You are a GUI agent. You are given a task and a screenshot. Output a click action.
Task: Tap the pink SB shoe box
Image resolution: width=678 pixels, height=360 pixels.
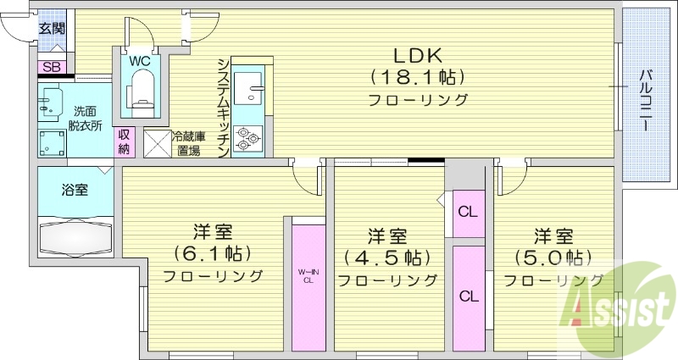tap(51, 67)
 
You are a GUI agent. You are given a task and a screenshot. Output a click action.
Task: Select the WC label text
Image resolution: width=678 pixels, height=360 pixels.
tap(140, 60)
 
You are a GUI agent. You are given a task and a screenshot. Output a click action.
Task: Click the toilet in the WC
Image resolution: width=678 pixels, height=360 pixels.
tap(141, 89)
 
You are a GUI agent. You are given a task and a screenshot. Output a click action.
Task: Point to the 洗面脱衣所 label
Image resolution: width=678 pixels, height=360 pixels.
tap(86, 118)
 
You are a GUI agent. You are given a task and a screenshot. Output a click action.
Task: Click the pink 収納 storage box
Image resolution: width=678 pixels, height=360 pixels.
tap(125, 141)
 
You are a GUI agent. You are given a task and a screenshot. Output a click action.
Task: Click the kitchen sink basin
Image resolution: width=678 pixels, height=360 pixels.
tap(249, 88)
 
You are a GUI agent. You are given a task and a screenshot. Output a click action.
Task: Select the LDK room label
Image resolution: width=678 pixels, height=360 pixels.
tap(417, 56)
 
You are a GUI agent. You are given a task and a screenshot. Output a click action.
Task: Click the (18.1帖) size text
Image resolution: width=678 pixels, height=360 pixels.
tap(417, 78)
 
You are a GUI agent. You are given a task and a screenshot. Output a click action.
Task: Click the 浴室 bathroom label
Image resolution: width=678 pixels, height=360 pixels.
tap(75, 189)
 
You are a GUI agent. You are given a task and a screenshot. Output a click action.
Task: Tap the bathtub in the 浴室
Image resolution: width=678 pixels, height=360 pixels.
tap(75, 236)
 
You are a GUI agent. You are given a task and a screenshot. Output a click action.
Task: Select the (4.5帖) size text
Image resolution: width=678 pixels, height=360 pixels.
tap(386, 257)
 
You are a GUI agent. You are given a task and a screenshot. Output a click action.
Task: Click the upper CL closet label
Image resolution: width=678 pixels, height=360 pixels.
tap(467, 212)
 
